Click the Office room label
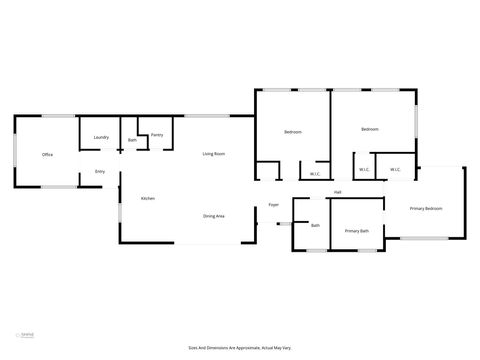(47, 155)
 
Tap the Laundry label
(101, 137)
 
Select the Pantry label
(157, 135)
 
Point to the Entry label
(100, 172)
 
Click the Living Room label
(213, 154)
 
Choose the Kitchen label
(147, 199)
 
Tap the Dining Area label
(213, 216)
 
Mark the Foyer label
(273, 206)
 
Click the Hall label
(338, 192)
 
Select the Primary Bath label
(357, 232)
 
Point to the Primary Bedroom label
(426, 208)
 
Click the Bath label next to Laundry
(132, 141)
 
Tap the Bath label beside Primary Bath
(315, 225)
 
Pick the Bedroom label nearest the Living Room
(293, 132)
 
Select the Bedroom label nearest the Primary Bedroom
(370, 129)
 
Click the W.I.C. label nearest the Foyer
(315, 174)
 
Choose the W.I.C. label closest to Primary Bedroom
(395, 169)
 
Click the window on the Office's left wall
(14, 155)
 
